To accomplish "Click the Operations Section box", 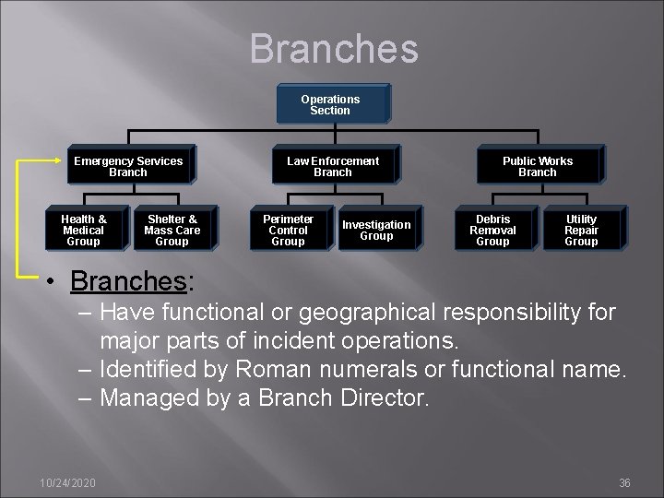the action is pos(330,104).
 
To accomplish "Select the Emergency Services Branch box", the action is pos(128,166).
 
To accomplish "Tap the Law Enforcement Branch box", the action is pos(332,166).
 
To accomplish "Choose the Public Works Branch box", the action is pos(537,166).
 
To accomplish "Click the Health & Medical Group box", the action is pos(83,230).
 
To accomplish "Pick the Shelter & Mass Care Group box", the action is pos(172,230).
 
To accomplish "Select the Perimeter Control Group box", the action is pos(288,230).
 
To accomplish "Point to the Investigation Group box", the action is pos(376,230).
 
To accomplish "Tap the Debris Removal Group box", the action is pos(492,230).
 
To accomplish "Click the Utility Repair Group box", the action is pos(581,230).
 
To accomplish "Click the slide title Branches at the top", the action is pos(333,49).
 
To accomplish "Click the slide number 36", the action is pos(624,482).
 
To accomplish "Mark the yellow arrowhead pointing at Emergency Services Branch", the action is pos(61,160).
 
